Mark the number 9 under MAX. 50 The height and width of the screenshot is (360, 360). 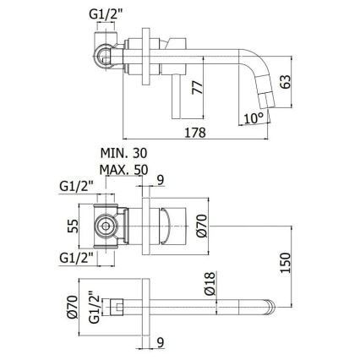pos(160,178)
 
